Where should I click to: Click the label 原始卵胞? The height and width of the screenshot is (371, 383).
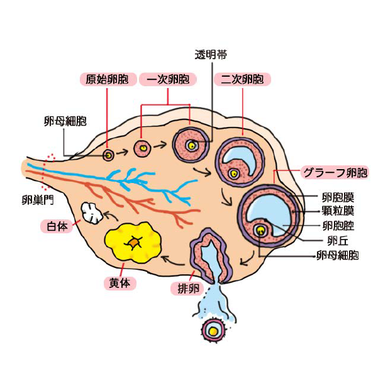click(x=107, y=79)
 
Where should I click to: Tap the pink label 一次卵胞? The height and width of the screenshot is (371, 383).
click(x=168, y=79)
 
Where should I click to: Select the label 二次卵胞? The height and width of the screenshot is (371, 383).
click(x=242, y=79)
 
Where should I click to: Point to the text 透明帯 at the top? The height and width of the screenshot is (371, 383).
click(x=211, y=55)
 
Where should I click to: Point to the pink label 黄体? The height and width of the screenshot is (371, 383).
click(x=117, y=283)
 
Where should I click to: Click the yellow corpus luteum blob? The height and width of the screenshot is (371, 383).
click(x=134, y=244)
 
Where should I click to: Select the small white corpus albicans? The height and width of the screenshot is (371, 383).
click(x=92, y=213)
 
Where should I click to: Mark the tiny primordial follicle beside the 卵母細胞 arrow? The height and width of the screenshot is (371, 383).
click(x=109, y=153)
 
